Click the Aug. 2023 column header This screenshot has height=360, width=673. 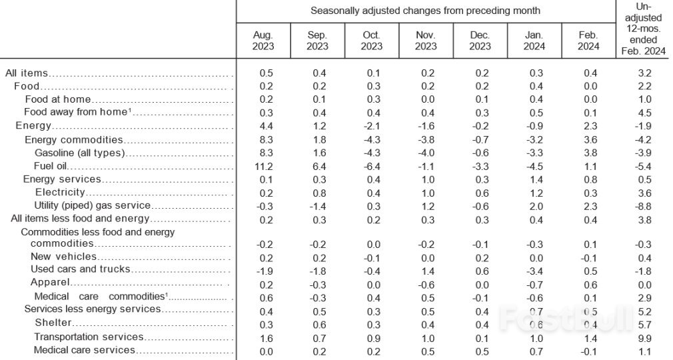[263, 41]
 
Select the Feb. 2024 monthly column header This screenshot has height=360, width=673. [588, 41]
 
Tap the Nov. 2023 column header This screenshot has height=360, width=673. [425, 41]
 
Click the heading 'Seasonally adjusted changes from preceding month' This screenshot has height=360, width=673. [426, 11]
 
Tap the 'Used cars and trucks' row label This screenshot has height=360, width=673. [80, 269]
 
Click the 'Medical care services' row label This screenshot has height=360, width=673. [85, 349]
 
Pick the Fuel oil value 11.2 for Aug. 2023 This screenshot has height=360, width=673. [263, 166]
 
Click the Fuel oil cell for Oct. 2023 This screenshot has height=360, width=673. [371, 166]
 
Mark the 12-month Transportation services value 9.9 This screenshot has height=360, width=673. [644, 337]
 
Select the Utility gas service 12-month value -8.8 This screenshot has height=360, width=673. [644, 205]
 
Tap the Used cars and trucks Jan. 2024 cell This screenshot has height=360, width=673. [533, 269]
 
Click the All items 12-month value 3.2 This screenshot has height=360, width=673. [644, 73]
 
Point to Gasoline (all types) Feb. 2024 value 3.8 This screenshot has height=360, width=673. [588, 153]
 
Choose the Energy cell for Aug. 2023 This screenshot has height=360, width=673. [263, 126]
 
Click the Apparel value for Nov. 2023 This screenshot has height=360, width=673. [425, 283]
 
